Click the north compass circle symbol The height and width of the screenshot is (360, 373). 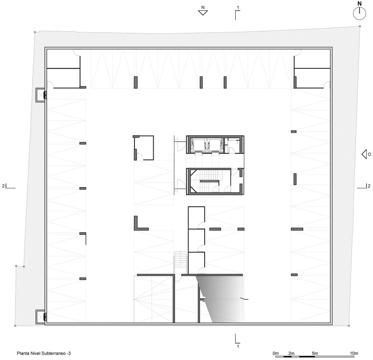tap(359, 14)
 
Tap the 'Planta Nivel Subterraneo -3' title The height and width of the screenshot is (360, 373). tap(44, 353)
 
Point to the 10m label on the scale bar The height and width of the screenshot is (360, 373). tap(354, 353)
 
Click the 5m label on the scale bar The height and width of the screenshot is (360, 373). tap(315, 353)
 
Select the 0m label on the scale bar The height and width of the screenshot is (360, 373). tap(276, 353)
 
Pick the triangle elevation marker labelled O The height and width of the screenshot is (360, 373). tap(364, 154)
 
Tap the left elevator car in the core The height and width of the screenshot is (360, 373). tap(199, 144)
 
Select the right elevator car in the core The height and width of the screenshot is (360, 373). tap(215, 144)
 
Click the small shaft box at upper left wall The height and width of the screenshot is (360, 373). tap(40, 95)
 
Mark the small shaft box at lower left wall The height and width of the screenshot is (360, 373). tap(40, 317)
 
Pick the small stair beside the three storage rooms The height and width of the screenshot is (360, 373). tap(181, 262)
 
